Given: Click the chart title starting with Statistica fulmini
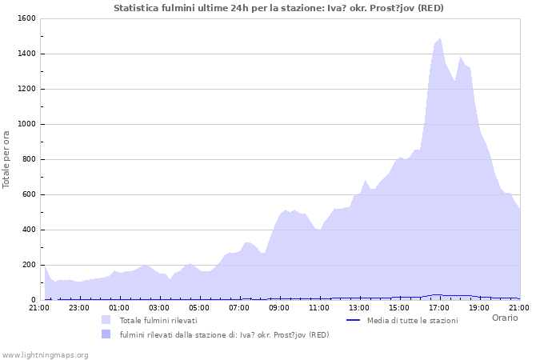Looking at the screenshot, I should pyautogui.click(x=278, y=8).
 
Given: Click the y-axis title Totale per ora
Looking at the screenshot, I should pyautogui.click(x=7, y=159).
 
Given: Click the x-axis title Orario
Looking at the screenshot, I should pyautogui.click(x=505, y=318).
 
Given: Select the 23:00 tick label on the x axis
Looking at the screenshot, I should pyautogui.click(x=79, y=307).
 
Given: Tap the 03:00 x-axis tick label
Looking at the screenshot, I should pyautogui.click(x=159, y=307).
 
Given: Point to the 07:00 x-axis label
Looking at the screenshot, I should pyautogui.click(x=239, y=307).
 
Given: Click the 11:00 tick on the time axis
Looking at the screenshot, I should pyautogui.click(x=319, y=307).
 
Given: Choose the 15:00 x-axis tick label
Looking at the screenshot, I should pyautogui.click(x=399, y=307).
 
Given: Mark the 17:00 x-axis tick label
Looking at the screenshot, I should pyautogui.click(x=439, y=307).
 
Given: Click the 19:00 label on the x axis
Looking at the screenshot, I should pyautogui.click(x=479, y=307).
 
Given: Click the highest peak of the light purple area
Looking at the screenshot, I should pyautogui.click(x=440, y=38).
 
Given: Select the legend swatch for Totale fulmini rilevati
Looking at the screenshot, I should pyautogui.click(x=106, y=320).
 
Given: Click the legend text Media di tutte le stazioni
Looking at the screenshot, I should pyautogui.click(x=412, y=320).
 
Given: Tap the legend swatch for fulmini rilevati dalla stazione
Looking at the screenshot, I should pyautogui.click(x=106, y=334).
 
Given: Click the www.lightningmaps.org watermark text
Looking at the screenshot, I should pyautogui.click(x=45, y=354).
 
